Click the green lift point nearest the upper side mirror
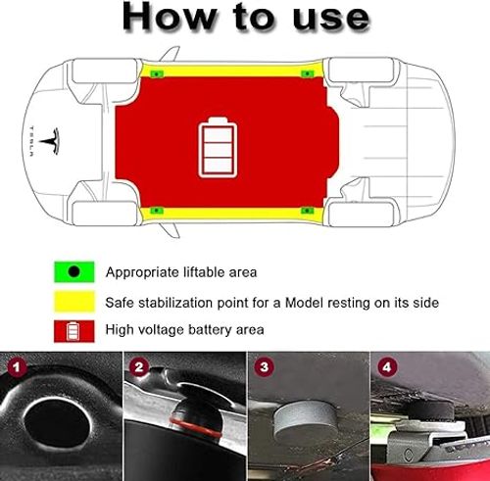[156, 73]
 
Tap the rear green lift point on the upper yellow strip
[308, 73]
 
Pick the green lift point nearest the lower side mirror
[156, 209]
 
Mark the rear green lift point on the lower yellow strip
[308, 209]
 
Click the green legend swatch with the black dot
[73, 271]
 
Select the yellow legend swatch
[73, 301]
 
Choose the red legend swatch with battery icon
[73, 330]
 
